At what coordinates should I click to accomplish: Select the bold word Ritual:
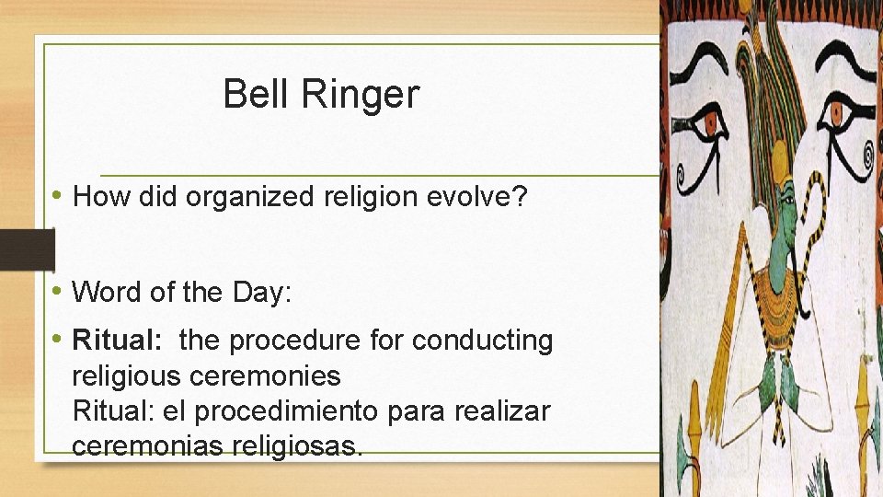[x=117, y=341]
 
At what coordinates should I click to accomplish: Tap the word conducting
[x=483, y=341]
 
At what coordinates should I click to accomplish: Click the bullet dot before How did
[x=59, y=195]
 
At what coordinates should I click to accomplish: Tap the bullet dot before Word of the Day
[x=59, y=291]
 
